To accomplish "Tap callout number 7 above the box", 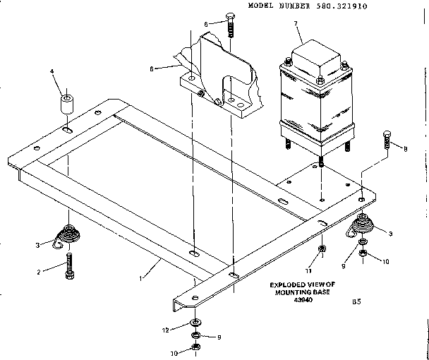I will (295, 25).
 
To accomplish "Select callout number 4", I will (52, 71).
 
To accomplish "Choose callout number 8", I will (406, 148).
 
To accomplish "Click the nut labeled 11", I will (322, 249).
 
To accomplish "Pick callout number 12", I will (164, 330).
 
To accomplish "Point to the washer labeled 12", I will (195, 323).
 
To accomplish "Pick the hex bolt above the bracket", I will (231, 25).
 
